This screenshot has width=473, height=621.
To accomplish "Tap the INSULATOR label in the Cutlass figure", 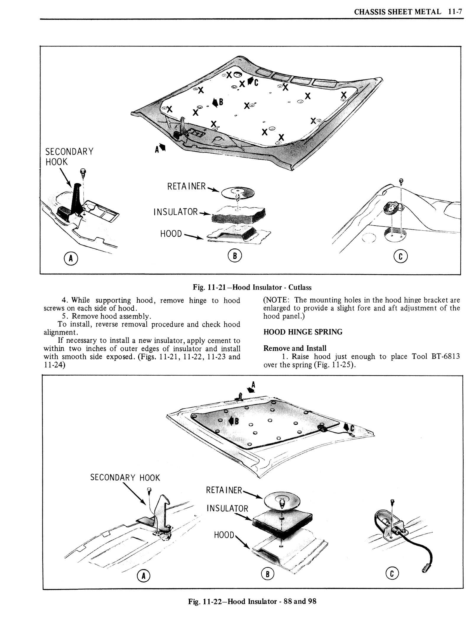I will click(x=175, y=212).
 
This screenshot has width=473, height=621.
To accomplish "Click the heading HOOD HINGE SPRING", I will click(x=303, y=332).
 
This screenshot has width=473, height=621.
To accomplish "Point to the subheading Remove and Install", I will click(x=295, y=348).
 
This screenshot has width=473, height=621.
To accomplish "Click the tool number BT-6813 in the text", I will click(x=446, y=356).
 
